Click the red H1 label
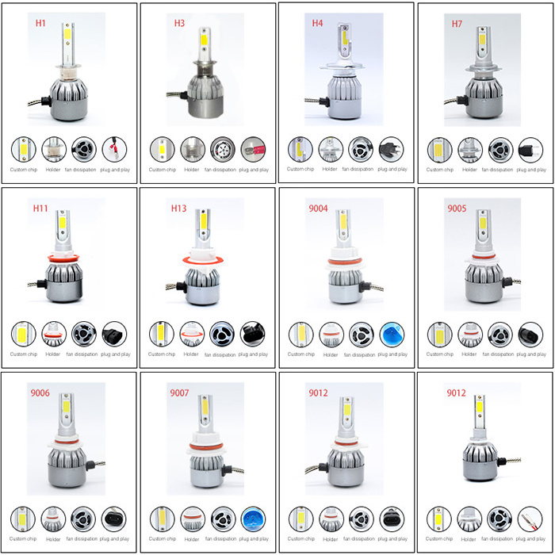click(40, 23)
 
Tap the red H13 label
click(178, 208)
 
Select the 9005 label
click(457, 208)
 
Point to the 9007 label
click(179, 393)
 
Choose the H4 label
click(317, 23)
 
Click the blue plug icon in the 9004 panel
click(392, 335)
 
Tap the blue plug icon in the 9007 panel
click(253, 519)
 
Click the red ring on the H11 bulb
click(63, 258)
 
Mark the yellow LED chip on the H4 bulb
click(344, 37)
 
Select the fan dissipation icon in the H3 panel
click(223, 150)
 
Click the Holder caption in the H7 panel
click(469, 170)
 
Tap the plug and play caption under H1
click(115, 170)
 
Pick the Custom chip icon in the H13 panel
click(162, 334)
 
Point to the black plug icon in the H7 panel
click(530, 150)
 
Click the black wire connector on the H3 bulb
click(184, 95)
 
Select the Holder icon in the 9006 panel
click(53, 519)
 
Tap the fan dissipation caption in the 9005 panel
click(498, 354)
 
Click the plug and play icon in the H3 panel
click(253, 150)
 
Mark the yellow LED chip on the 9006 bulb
click(66, 406)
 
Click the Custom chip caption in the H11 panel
click(23, 354)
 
